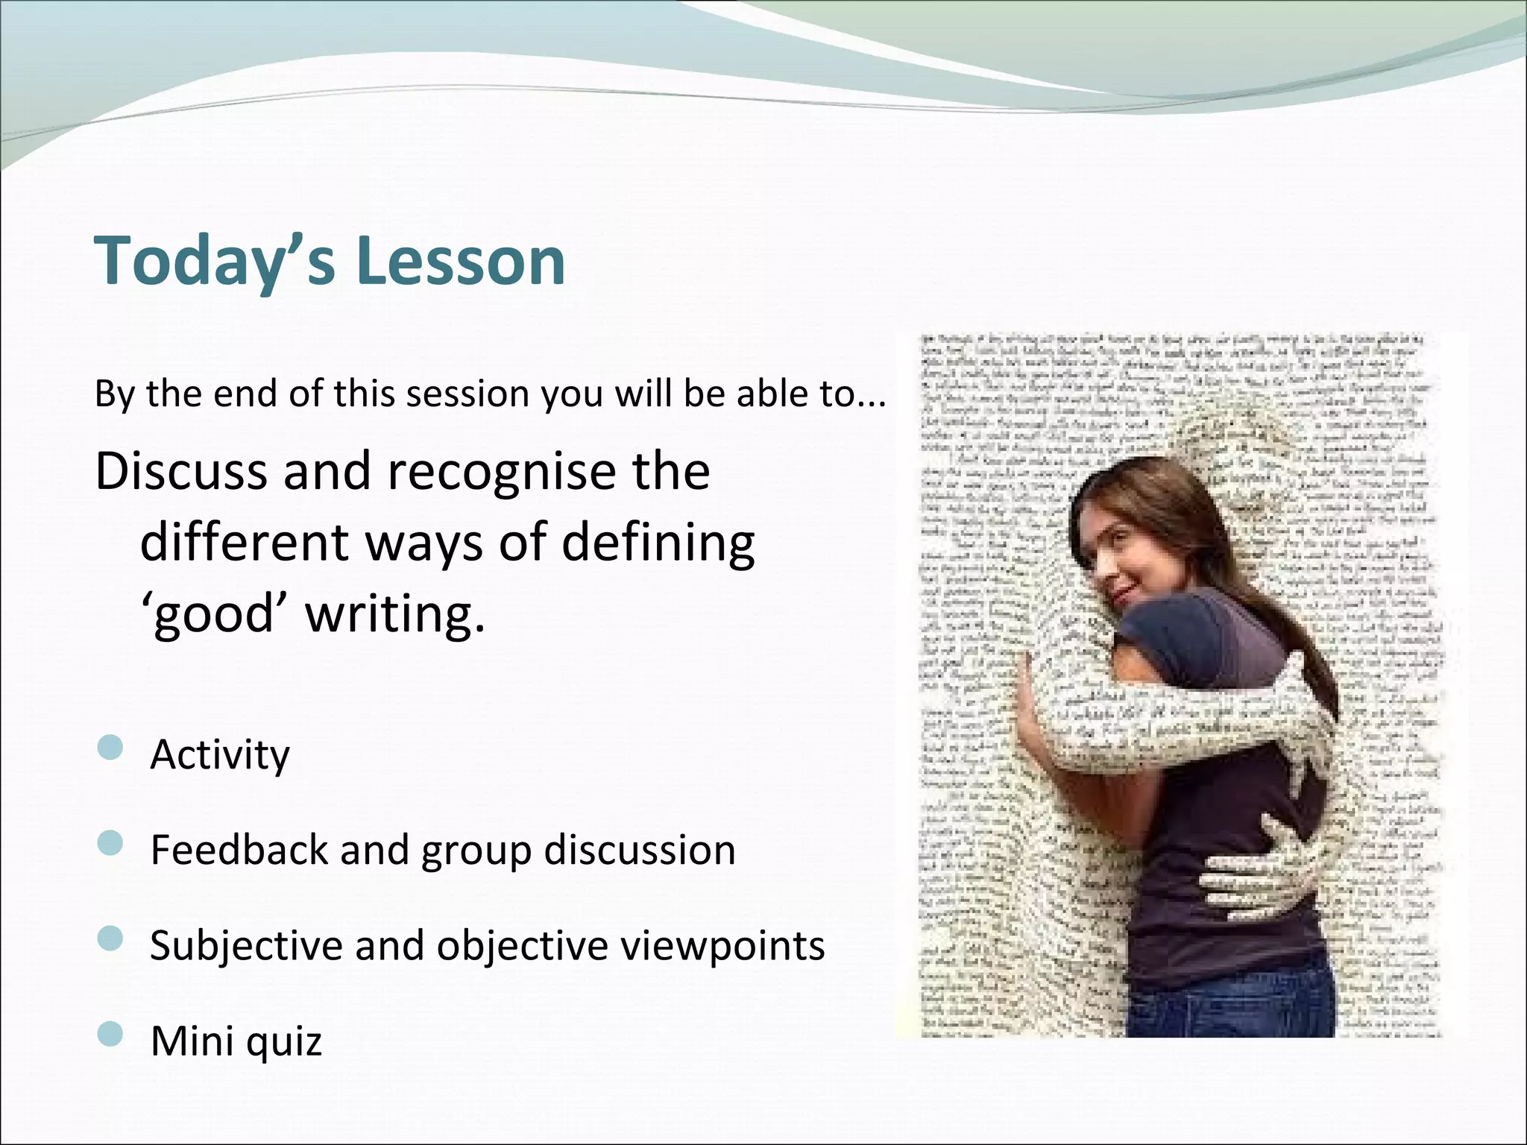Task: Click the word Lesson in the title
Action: click(461, 261)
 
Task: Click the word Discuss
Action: click(180, 471)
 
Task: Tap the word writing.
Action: click(395, 614)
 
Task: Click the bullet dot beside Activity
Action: click(110, 748)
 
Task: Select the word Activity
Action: click(219, 754)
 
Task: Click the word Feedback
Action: click(239, 850)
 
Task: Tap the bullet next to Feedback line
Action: click(110, 843)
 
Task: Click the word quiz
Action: click(283, 1041)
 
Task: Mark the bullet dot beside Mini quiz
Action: click(110, 1034)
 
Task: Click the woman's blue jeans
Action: click(1230, 999)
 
